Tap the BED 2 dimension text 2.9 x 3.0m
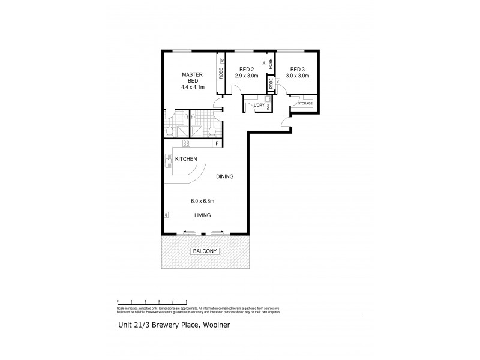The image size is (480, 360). pyautogui.click(x=246, y=76)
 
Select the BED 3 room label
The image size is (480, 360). pyautogui.click(x=296, y=69)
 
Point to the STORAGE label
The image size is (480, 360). pyautogui.click(x=305, y=104)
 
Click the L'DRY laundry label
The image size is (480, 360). pyautogui.click(x=259, y=106)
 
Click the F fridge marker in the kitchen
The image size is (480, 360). pyautogui.click(x=217, y=143)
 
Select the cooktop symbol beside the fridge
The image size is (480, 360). pyautogui.click(x=186, y=143)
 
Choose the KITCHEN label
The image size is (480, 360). pyautogui.click(x=186, y=158)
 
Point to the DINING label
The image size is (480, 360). pyautogui.click(x=225, y=176)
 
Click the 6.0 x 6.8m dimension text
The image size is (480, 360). pyautogui.click(x=202, y=201)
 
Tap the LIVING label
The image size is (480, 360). pyautogui.click(x=202, y=215)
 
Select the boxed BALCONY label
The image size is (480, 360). pyautogui.click(x=205, y=251)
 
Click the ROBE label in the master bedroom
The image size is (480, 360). pyautogui.click(x=221, y=75)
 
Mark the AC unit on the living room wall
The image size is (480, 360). pyautogui.click(x=165, y=214)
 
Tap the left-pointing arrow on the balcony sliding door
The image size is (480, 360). pyautogui.click(x=188, y=232)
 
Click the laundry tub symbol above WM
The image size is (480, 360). pyautogui.click(x=268, y=99)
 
